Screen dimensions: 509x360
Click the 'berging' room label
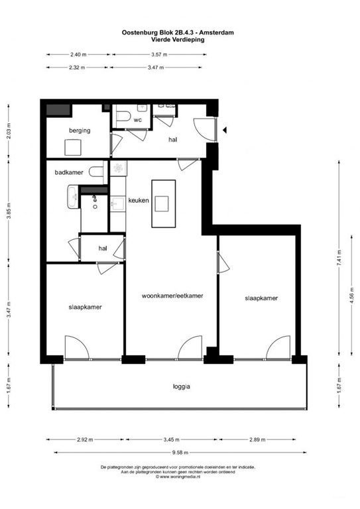pos(78,131)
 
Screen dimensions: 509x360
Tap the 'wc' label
pos(138,120)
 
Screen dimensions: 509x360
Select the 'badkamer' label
pos(69,172)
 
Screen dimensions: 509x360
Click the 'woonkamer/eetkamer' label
pos(172,296)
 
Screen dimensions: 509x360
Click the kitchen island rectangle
pos(161,203)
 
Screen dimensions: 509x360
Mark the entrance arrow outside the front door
pos(225,131)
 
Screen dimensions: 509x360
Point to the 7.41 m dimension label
pos(339,257)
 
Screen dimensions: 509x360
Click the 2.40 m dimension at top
pos(79,54)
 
